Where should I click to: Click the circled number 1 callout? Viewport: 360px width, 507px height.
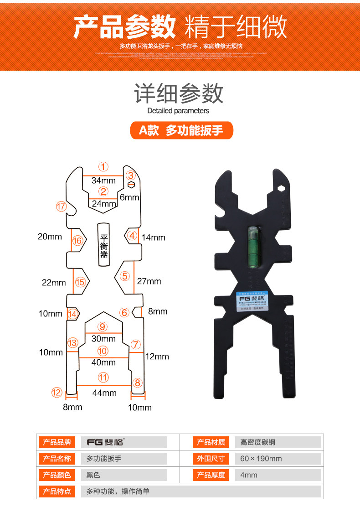point(104,167)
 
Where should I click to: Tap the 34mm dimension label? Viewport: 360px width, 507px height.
point(103,180)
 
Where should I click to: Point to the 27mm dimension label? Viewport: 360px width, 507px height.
point(149,281)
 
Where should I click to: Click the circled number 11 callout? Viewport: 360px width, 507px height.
point(103,377)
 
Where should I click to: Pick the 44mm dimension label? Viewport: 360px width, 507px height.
point(104,393)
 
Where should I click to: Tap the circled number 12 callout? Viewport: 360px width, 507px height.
point(56,392)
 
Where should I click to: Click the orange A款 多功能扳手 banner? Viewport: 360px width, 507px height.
point(181,130)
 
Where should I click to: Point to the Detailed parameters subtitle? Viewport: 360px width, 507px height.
point(178,111)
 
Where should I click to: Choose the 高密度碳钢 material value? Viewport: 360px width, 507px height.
point(258,442)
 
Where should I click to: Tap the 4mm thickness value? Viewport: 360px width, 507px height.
point(249,475)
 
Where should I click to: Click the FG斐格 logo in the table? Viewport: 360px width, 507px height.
point(105,442)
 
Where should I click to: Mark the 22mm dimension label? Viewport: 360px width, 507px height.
point(54,283)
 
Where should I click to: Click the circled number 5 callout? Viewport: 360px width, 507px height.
point(125,276)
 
